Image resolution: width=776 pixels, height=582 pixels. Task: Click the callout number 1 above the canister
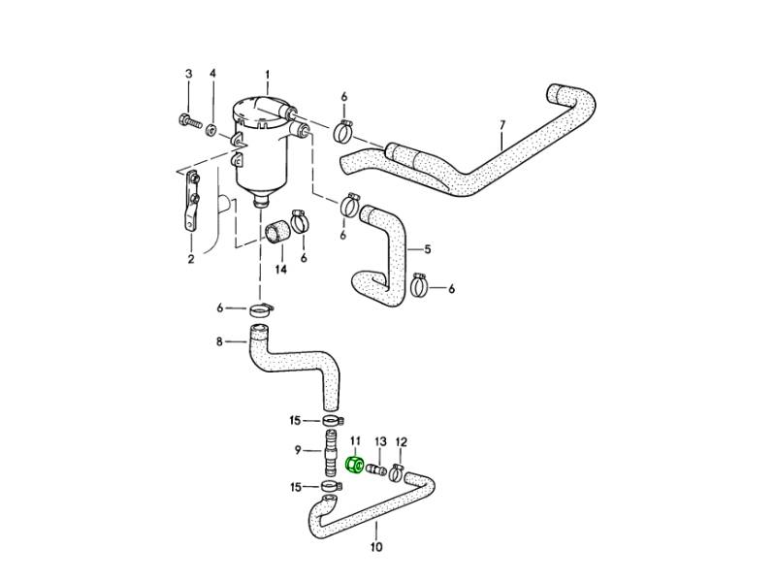(x=268, y=74)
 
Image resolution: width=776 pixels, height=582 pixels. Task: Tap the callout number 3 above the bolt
(x=188, y=74)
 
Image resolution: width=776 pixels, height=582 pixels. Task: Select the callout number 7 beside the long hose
(x=501, y=124)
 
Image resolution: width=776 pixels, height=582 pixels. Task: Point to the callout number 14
(x=281, y=270)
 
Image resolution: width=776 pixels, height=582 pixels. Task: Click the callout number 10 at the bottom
(x=376, y=547)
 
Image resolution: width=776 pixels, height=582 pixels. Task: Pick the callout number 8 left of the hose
(x=219, y=340)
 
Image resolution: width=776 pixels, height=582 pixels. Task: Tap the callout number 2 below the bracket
(x=191, y=259)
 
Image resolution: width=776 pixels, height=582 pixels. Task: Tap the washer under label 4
(x=211, y=127)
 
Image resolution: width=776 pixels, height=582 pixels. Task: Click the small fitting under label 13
(x=379, y=470)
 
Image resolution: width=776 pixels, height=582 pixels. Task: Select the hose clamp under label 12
(x=397, y=473)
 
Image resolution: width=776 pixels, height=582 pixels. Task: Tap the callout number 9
(x=299, y=450)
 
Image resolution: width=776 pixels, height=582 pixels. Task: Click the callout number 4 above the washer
(x=212, y=74)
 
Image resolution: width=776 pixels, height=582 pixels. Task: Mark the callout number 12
(x=401, y=440)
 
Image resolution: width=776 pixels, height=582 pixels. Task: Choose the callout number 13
(x=380, y=440)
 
